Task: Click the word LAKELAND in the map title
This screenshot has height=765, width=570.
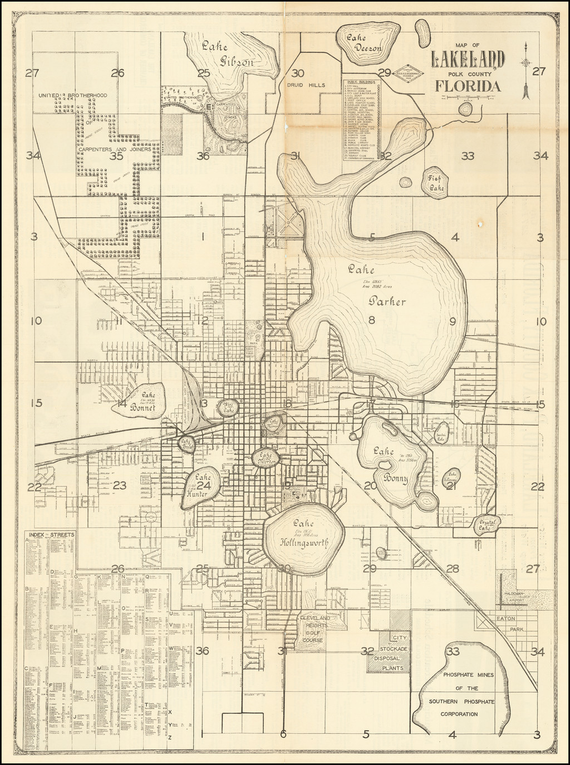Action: click(x=468, y=59)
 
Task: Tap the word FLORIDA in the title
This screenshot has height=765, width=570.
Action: click(x=468, y=86)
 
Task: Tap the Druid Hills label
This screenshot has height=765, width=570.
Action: click(x=306, y=86)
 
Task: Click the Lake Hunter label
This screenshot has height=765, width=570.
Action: click(x=202, y=485)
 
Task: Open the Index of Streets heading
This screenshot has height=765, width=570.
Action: click(x=50, y=535)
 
